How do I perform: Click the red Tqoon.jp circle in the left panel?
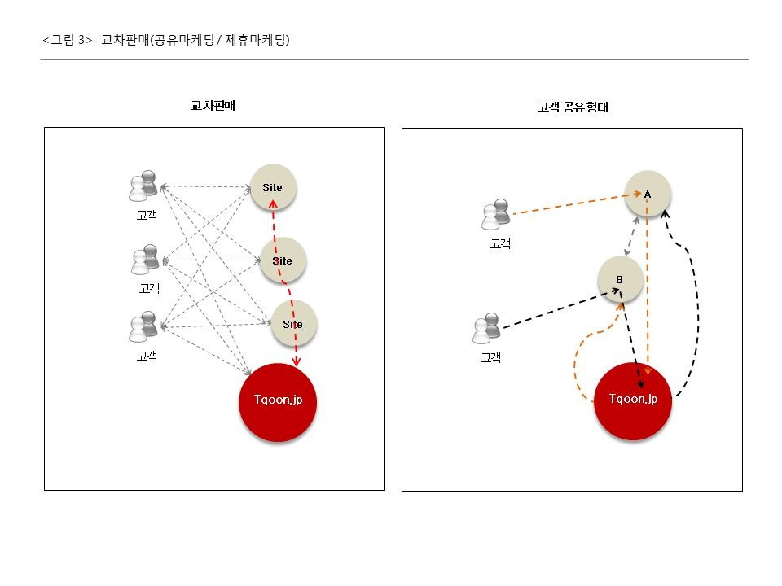click(x=278, y=402)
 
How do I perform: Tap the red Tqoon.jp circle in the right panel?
click(x=633, y=400)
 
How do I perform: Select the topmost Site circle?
click(x=273, y=187)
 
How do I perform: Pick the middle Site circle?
click(x=283, y=260)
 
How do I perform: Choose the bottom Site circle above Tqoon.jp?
click(x=293, y=323)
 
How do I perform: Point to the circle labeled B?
click(x=620, y=279)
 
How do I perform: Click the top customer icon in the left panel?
click(x=144, y=186)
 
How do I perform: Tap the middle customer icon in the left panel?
click(x=145, y=260)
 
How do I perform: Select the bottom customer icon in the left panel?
click(x=143, y=326)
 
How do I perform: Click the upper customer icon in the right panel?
click(x=495, y=214)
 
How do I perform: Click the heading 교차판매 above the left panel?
click(x=213, y=106)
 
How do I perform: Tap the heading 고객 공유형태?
click(x=573, y=107)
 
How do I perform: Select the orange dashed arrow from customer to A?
click(x=570, y=205)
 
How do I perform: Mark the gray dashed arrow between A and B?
click(x=631, y=235)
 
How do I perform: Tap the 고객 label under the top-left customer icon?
click(x=147, y=216)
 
